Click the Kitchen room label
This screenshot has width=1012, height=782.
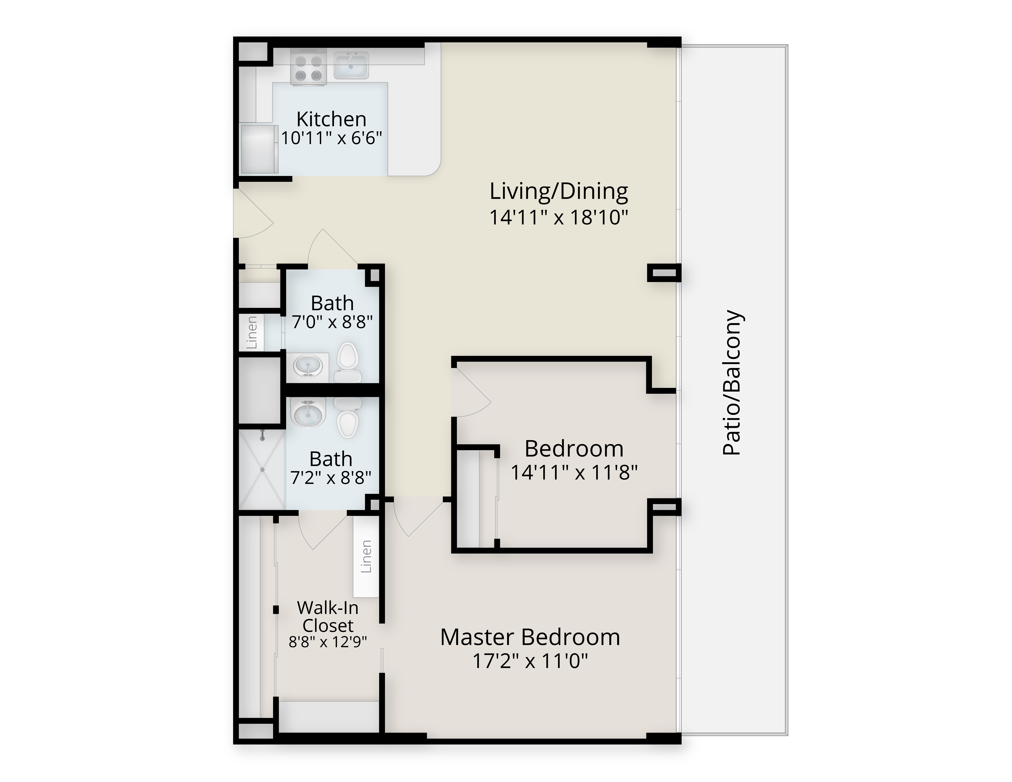coord(331,119)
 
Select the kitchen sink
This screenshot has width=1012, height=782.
coord(351,65)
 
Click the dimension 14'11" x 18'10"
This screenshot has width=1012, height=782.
coord(559,217)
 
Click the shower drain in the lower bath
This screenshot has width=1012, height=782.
coord(262,470)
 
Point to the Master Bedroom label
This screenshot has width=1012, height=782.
coord(530,637)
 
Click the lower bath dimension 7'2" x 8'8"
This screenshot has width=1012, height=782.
coord(331,477)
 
